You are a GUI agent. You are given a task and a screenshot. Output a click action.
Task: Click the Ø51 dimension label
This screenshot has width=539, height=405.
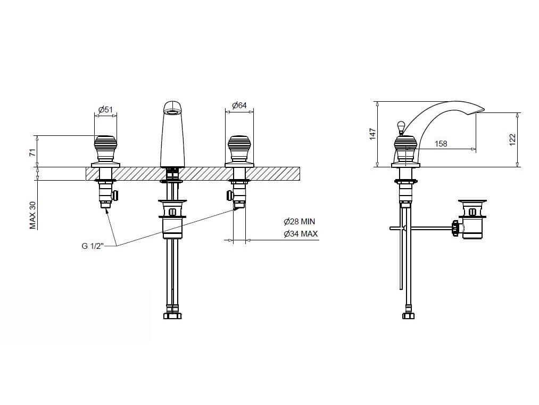105,110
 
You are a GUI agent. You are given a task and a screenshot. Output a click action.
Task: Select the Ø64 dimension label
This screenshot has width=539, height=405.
239,105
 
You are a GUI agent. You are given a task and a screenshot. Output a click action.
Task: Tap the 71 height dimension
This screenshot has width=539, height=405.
32,152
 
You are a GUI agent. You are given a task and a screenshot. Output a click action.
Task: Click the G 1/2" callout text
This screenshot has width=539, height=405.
93,246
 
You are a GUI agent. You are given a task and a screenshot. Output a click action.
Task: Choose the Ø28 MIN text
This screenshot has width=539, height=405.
299,222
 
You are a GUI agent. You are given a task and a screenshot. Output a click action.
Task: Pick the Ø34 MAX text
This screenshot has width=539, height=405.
301,234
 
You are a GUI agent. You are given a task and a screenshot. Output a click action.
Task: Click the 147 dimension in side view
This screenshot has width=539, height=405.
373,134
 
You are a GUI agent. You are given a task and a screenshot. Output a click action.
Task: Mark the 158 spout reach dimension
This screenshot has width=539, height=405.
441,143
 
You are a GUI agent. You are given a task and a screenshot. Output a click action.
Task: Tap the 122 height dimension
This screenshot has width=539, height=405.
512,140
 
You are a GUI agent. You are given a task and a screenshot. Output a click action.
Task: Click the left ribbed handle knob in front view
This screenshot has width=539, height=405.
105,149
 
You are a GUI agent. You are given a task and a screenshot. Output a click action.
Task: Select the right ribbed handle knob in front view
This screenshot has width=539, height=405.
239,149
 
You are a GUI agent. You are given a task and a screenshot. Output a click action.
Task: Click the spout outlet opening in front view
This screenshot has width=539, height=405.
172,112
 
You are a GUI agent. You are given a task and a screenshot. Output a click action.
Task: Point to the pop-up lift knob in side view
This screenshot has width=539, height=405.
401,127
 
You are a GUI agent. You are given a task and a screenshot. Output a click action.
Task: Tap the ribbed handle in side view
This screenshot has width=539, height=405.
406,149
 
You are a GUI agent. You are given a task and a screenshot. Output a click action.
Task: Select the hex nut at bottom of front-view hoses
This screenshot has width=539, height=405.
172,315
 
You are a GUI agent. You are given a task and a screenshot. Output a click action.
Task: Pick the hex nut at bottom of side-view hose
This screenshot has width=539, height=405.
408,315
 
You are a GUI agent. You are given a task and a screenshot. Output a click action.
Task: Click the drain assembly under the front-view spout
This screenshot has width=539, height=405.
172,218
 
